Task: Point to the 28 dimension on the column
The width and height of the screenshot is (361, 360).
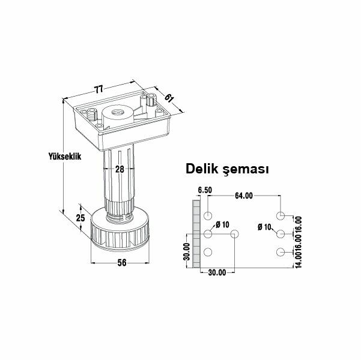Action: point(120,169)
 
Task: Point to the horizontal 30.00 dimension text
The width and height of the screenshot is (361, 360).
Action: point(217,272)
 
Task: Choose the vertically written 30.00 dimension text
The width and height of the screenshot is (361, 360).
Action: point(187,252)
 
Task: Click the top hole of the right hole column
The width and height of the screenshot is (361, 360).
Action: point(281,215)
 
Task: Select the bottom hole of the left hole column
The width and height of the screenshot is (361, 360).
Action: point(208,252)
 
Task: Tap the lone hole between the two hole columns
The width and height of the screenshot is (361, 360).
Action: point(234,233)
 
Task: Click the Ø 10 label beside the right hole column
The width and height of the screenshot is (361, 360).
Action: point(265,227)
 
